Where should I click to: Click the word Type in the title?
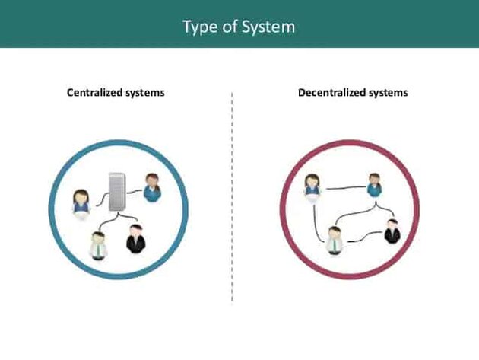[x=200, y=27]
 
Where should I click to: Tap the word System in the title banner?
[x=268, y=27]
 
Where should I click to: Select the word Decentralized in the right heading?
[x=331, y=92]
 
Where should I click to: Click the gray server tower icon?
[x=117, y=192]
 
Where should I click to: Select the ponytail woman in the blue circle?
[x=152, y=187]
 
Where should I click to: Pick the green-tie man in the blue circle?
[x=98, y=246]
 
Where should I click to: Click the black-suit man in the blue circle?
[x=135, y=238]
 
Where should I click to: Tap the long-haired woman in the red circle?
[x=312, y=187]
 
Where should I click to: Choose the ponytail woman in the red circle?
[x=375, y=186]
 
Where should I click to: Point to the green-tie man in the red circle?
[x=335, y=241]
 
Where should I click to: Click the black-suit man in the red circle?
[x=392, y=231]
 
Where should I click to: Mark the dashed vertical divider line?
[x=232, y=196]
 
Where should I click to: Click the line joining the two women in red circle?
[x=346, y=188]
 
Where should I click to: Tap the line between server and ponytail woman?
[x=134, y=192]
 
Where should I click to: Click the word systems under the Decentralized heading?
[x=388, y=93]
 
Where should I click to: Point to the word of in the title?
[x=229, y=27]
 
